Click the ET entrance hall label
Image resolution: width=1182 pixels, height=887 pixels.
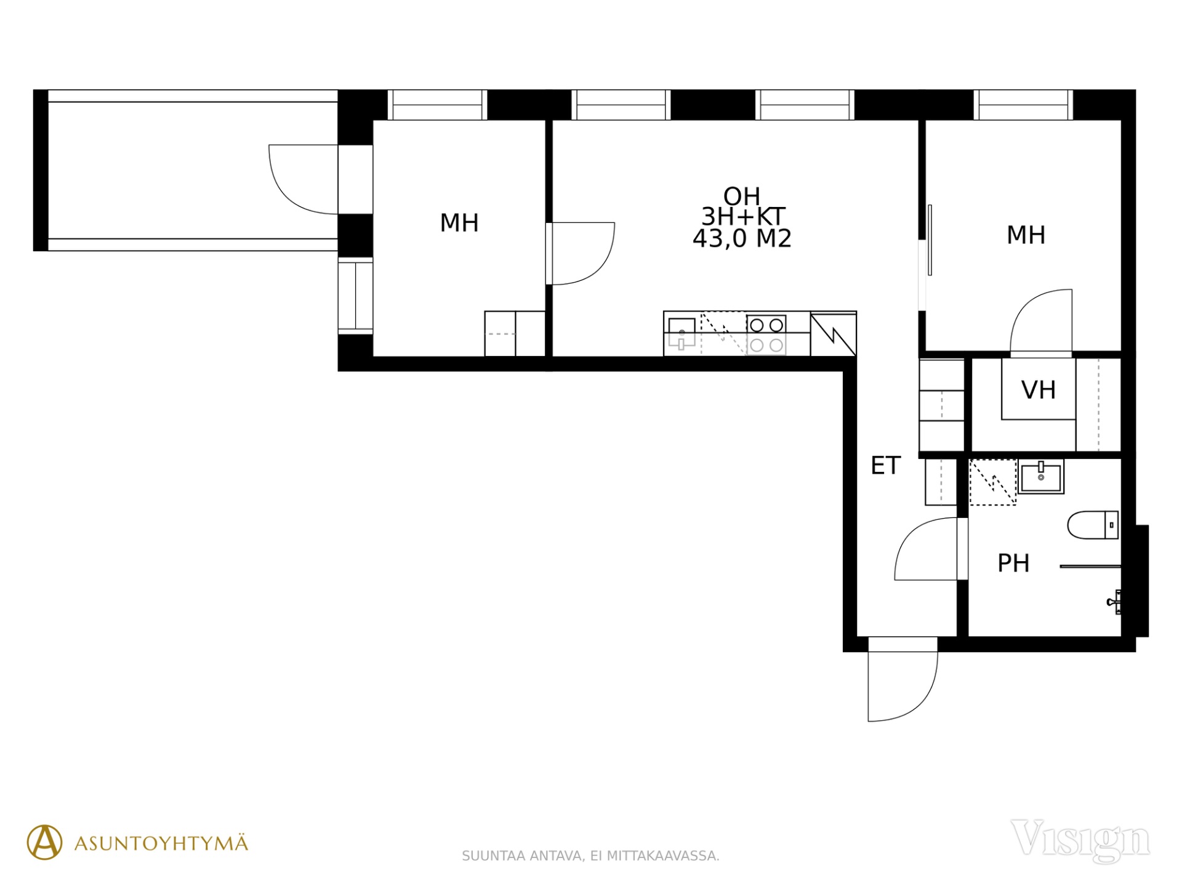pyautogui.click(x=885, y=466)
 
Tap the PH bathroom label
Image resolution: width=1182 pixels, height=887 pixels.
pyautogui.click(x=1013, y=563)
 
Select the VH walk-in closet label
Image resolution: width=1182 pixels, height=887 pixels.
pyautogui.click(x=1039, y=390)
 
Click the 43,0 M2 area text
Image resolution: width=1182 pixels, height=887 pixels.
pyautogui.click(x=742, y=238)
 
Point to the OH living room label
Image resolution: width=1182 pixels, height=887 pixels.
pyautogui.click(x=742, y=196)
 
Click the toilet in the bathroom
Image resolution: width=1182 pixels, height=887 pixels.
pyautogui.click(x=1093, y=525)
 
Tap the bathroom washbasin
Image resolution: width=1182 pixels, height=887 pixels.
pyautogui.click(x=1041, y=477)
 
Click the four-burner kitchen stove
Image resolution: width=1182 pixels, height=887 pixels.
pyautogui.click(x=766, y=334)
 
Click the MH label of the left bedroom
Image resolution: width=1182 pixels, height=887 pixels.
pyautogui.click(x=459, y=223)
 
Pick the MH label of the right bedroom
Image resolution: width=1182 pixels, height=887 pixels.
pyautogui.click(x=1026, y=235)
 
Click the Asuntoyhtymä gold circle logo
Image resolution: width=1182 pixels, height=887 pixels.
pyautogui.click(x=44, y=842)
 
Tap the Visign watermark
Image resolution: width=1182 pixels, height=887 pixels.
pyautogui.click(x=1080, y=840)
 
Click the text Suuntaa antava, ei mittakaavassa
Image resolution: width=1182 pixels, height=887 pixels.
pyautogui.click(x=590, y=856)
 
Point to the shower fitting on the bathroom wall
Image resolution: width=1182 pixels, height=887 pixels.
pyautogui.click(x=1114, y=602)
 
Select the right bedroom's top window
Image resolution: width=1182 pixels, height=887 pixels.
pyautogui.click(x=1023, y=105)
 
